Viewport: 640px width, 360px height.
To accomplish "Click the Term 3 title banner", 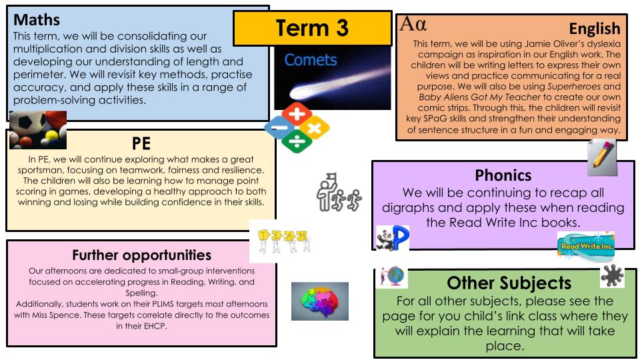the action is [x=312, y=28].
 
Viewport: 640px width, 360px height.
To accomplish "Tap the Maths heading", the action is [x=37, y=19].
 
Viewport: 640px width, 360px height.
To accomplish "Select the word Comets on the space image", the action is [x=311, y=60].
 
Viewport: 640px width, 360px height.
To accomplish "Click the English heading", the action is [x=595, y=29].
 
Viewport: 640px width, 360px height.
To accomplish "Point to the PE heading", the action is [x=141, y=144].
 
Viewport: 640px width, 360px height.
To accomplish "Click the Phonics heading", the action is [x=503, y=175].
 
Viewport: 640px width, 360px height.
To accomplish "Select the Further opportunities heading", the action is [x=141, y=255].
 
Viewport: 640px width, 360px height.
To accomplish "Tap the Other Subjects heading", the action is [x=509, y=283].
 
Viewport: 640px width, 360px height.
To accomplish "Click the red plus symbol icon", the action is [x=297, y=113].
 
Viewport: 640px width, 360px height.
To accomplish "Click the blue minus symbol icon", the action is [x=279, y=128].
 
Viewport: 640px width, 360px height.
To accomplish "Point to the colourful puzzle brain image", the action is [x=320, y=301].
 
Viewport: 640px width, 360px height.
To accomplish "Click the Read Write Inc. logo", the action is [x=586, y=245].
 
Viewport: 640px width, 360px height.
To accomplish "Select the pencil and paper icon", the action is [x=602, y=157].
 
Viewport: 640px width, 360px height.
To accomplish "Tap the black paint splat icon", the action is [x=612, y=276].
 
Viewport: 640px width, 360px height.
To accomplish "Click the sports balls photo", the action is [x=38, y=130].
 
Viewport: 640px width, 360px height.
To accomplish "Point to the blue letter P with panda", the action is [x=392, y=238].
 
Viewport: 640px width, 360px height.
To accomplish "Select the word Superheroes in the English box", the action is [x=574, y=87].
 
